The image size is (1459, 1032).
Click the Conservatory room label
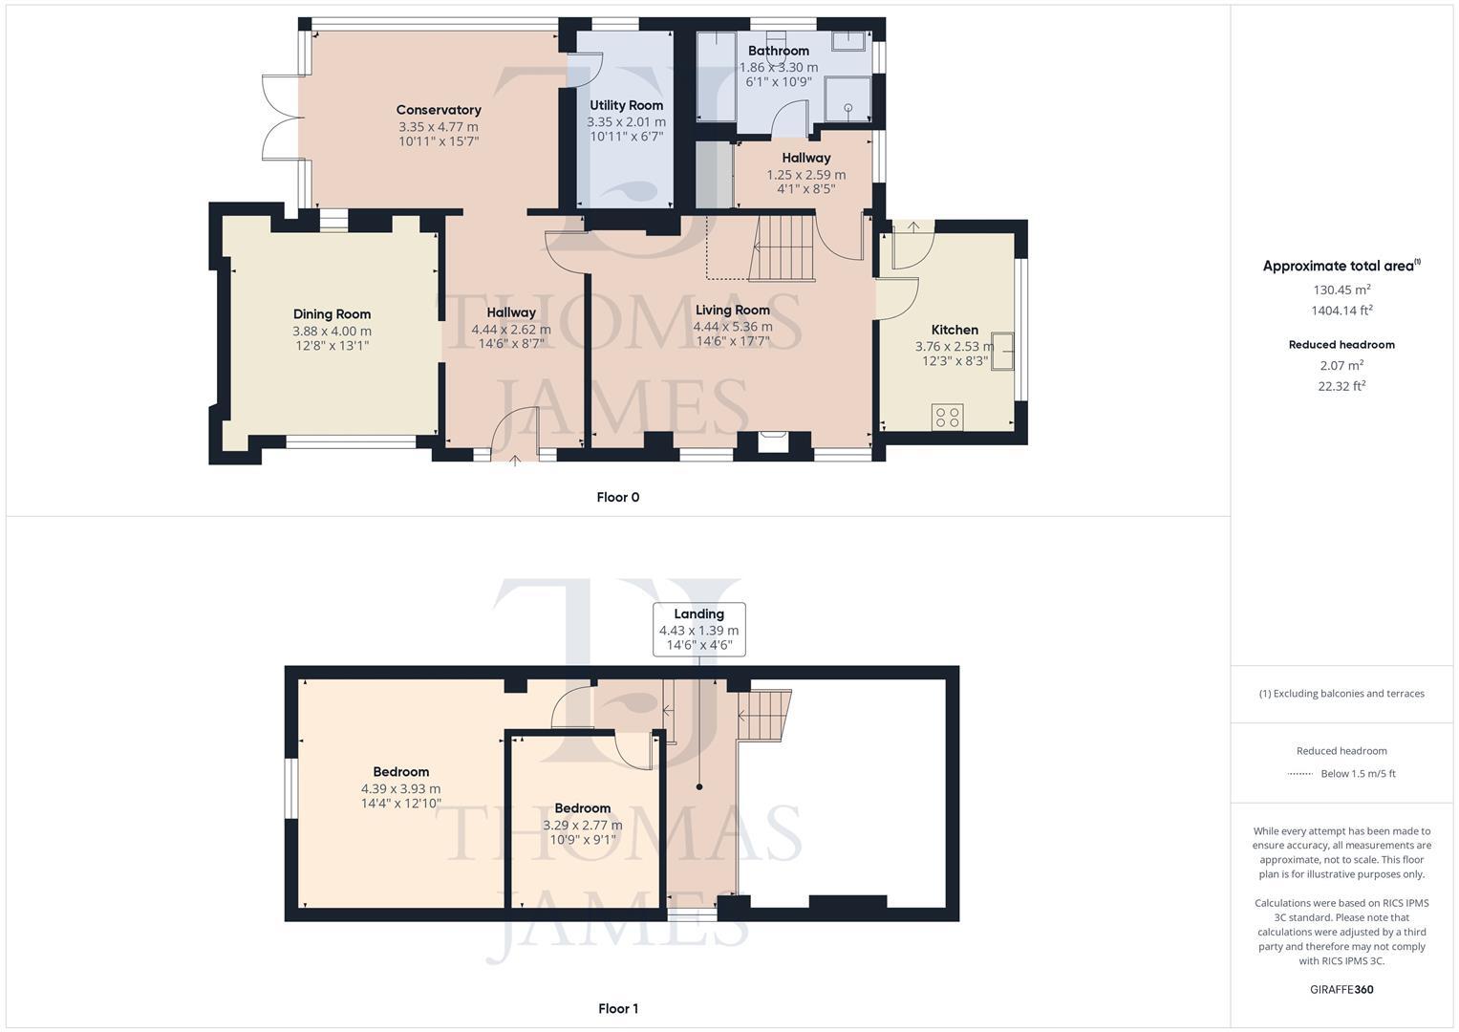click(439, 110)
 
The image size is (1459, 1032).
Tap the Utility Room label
click(626, 105)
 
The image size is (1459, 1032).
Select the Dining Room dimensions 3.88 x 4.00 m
click(332, 331)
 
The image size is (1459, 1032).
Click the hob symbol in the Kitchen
click(948, 417)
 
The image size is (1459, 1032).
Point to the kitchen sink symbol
click(1002, 351)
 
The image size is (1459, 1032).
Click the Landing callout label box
click(698, 629)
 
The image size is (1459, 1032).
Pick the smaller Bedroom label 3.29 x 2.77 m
click(582, 825)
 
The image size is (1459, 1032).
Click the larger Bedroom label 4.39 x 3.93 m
click(400, 788)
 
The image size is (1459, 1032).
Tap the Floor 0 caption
click(617, 497)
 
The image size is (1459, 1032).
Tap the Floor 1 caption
click(617, 1008)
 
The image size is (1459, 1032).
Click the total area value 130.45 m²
click(1341, 290)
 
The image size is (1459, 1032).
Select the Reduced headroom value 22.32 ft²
click(1341, 386)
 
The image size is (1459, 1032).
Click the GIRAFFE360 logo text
click(1341, 989)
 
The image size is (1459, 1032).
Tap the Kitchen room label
click(955, 330)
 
